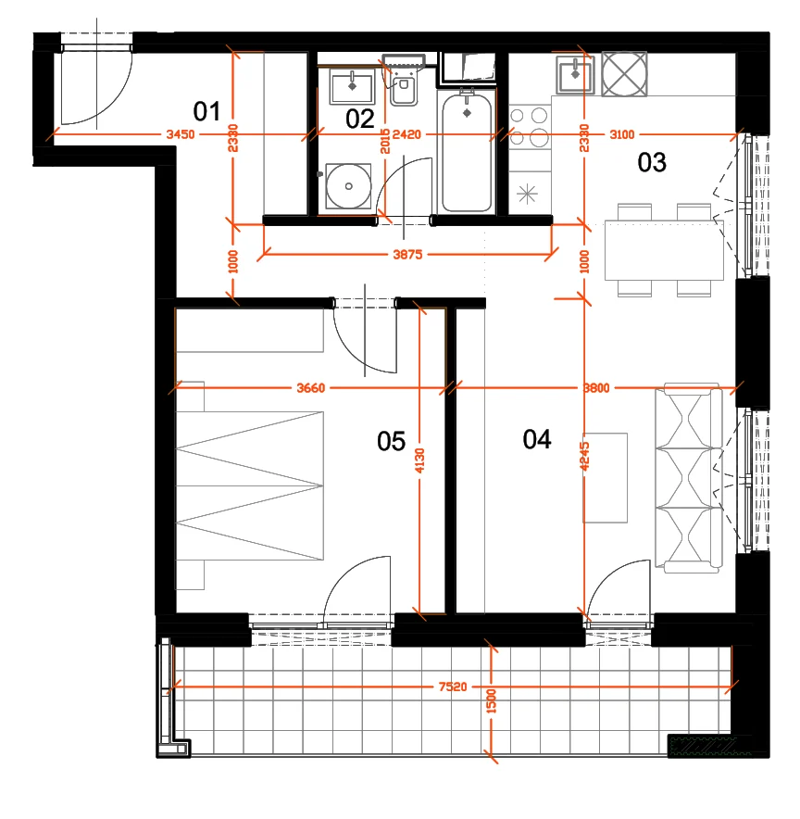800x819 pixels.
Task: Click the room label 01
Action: tap(206, 111)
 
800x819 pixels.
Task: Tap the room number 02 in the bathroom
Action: tap(360, 120)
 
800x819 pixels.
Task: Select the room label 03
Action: tap(652, 162)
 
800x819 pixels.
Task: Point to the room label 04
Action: tap(537, 439)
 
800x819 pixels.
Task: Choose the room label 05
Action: tap(392, 441)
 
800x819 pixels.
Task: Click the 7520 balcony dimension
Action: tap(453, 687)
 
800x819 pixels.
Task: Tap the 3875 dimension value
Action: tap(407, 255)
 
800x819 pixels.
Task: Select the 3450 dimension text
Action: tap(181, 134)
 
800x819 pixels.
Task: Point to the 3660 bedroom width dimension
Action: tap(310, 387)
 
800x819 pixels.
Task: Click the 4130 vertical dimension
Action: tap(419, 460)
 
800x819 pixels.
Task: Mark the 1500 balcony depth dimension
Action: tap(491, 701)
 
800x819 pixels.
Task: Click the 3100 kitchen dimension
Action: tap(622, 134)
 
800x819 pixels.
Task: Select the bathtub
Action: tap(467, 151)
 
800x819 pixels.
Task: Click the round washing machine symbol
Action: tap(348, 186)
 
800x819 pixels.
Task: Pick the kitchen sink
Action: tap(575, 75)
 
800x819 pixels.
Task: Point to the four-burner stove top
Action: tap(530, 127)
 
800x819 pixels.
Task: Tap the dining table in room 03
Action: tap(664, 250)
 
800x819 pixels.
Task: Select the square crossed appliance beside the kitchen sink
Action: tap(624, 73)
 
